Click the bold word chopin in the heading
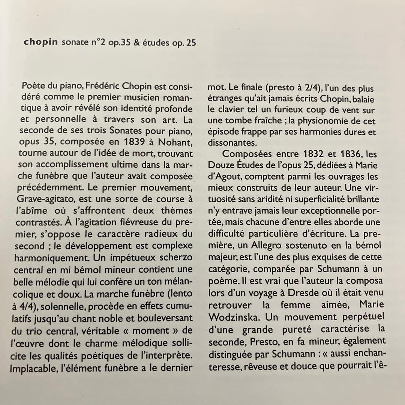[40, 42]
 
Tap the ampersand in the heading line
[136, 42]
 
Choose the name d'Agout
[224, 177]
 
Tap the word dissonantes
[230, 143]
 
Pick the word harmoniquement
[47, 258]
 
